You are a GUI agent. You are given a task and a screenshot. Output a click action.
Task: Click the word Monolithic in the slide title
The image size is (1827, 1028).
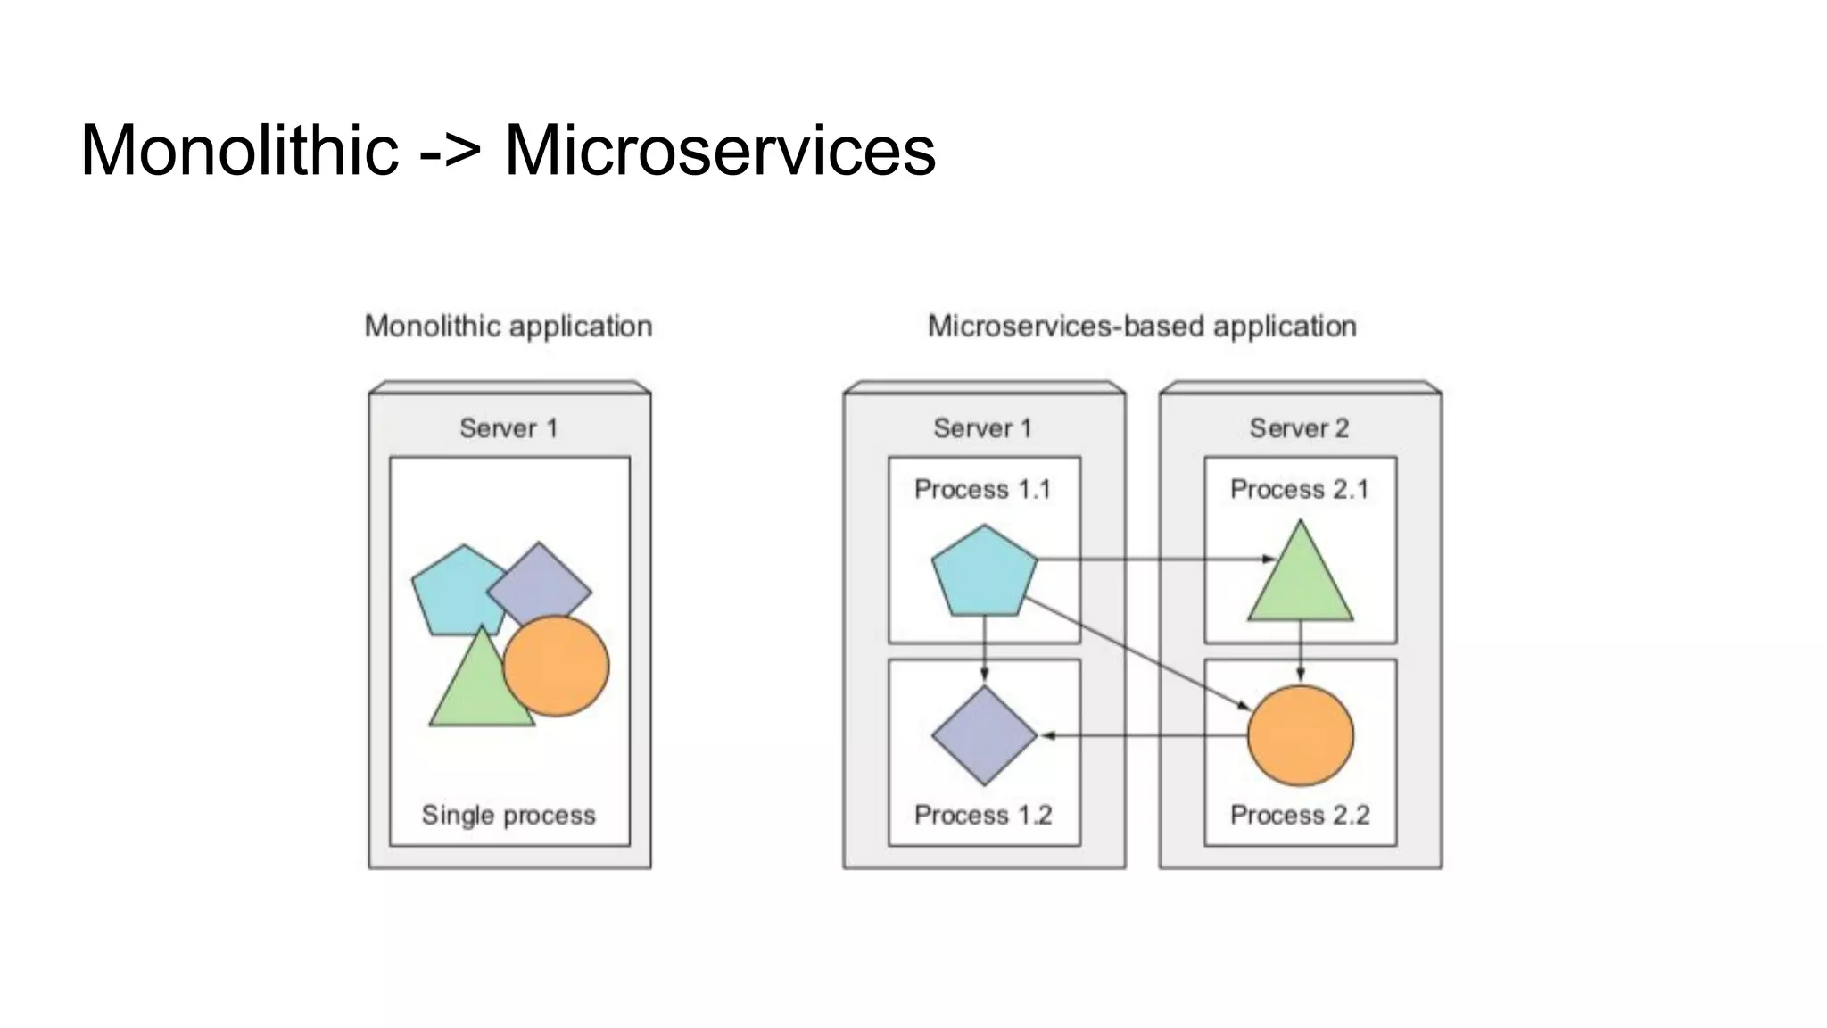tap(239, 150)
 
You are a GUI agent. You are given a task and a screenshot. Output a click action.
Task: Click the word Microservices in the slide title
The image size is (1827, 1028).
tap(720, 150)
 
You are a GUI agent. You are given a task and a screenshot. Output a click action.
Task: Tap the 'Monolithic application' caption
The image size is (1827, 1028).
tap(508, 327)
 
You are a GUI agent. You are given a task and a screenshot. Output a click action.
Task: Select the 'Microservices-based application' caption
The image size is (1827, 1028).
tap(1142, 327)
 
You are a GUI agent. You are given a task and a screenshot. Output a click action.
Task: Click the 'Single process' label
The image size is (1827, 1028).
tap(508, 815)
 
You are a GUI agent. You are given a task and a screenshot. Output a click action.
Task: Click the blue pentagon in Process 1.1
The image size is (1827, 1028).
tap(984, 573)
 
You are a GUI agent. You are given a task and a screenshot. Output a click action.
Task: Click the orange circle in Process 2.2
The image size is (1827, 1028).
tap(1300, 736)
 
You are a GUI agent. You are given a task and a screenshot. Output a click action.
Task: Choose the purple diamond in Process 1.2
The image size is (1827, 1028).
tap(984, 736)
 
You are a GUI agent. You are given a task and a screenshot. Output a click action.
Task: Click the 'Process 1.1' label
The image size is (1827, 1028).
tap(983, 490)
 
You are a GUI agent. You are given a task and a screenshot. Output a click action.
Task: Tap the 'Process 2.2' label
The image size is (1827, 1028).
tap(1300, 815)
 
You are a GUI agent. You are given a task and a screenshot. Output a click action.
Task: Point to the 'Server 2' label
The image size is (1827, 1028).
tap(1299, 428)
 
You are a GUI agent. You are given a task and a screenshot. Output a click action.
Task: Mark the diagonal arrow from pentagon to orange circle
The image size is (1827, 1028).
tap(1137, 654)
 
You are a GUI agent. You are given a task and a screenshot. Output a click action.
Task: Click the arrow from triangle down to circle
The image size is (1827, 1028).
tap(1300, 651)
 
